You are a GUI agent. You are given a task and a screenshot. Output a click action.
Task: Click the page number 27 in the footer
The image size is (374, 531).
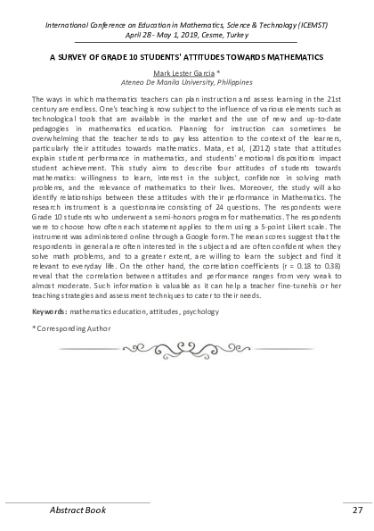tap(356, 510)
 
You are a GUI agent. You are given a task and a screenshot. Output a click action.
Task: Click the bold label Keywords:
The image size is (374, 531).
tap(50, 312)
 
